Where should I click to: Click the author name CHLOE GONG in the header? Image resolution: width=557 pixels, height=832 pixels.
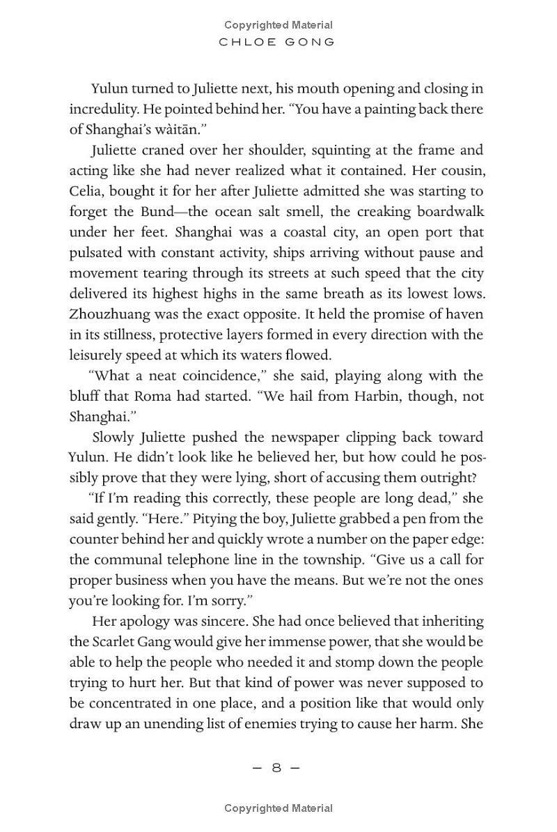click(x=278, y=42)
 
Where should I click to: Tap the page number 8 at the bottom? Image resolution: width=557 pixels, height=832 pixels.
click(x=276, y=768)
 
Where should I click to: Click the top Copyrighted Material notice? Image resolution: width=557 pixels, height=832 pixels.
click(x=278, y=25)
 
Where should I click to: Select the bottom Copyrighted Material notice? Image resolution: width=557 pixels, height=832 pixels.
click(x=278, y=808)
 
